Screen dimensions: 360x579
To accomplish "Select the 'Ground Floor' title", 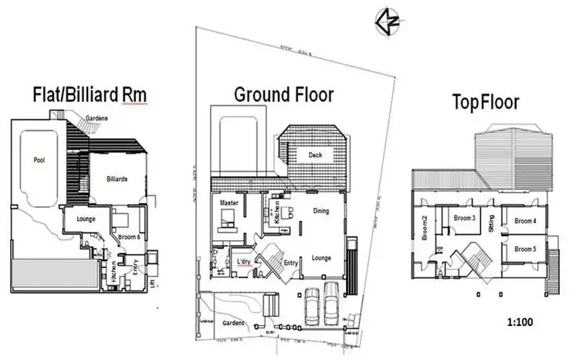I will click(x=284, y=95).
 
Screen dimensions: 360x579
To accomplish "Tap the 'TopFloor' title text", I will click(x=486, y=101).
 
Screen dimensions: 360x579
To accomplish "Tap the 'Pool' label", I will click(x=39, y=160).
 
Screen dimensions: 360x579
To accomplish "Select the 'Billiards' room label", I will click(x=117, y=178).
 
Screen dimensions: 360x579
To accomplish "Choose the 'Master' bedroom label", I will click(x=227, y=202).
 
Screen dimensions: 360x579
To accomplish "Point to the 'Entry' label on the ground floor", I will click(x=291, y=263).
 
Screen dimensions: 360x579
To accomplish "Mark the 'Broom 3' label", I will click(x=463, y=219).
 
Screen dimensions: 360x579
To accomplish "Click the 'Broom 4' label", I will click(x=524, y=221).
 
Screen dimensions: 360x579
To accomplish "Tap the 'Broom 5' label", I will click(x=524, y=249).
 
